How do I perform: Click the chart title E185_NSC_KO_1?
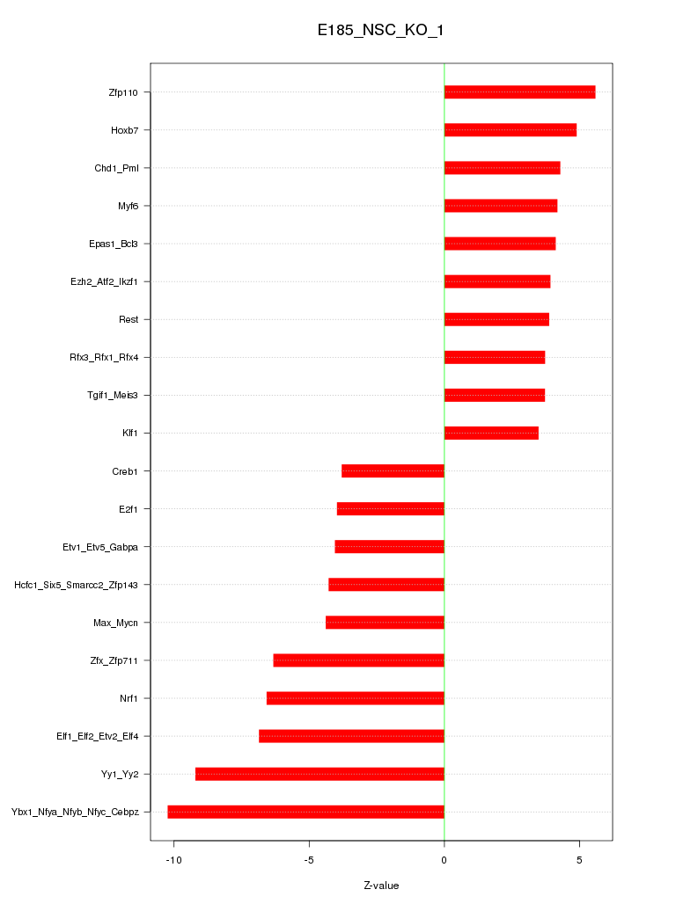(x=381, y=31)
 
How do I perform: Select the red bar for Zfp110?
(x=519, y=92)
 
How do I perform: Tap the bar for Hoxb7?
(x=511, y=130)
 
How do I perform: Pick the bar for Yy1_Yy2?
(x=320, y=774)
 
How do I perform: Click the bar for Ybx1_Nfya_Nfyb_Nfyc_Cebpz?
(x=305, y=812)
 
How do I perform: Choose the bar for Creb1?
(x=393, y=471)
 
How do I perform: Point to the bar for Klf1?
(x=491, y=434)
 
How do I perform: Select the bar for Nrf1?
(x=356, y=698)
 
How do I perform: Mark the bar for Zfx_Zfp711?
(x=358, y=660)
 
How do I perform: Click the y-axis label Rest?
(x=129, y=319)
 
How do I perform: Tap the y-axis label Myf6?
(x=128, y=206)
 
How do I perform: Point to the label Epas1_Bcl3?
(x=114, y=244)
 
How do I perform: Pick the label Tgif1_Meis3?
(x=114, y=396)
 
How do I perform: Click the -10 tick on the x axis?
(x=173, y=858)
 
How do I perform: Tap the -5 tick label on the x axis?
(x=309, y=858)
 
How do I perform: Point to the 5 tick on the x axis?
(x=579, y=858)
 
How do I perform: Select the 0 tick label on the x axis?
(x=445, y=858)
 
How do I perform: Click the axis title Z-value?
(x=381, y=886)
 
